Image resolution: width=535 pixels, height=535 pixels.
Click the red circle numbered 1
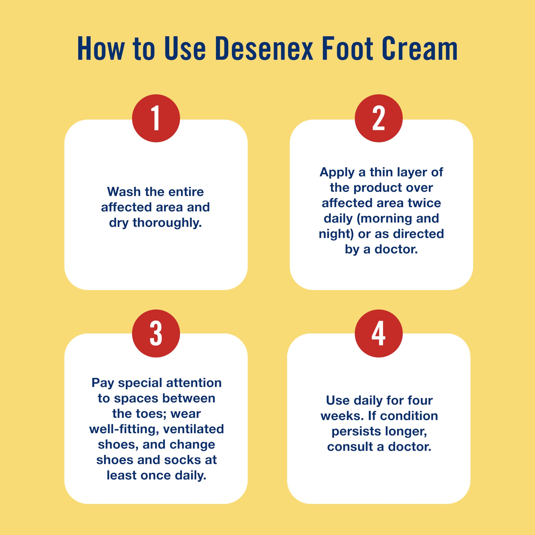coord(156,118)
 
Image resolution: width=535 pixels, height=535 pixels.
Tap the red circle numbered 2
coord(378,118)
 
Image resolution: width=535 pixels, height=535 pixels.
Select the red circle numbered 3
coord(156,333)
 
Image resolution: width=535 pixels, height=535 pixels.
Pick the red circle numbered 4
coord(378,333)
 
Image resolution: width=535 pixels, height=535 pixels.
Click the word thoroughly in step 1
coord(167,223)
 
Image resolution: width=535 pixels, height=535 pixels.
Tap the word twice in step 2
coord(424,203)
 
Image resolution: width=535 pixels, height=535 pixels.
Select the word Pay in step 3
coord(103,383)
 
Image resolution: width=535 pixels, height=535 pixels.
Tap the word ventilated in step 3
coord(193,429)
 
